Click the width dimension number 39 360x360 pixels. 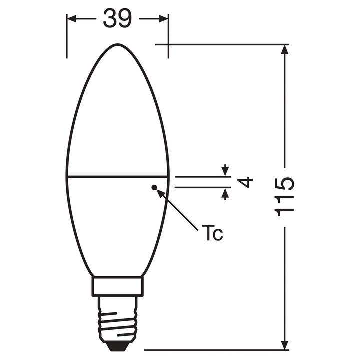[x=117, y=19]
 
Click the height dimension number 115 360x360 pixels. [x=285, y=197]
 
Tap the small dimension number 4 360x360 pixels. [x=245, y=182]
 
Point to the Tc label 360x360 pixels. [x=212, y=233]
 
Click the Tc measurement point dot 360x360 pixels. [x=154, y=188]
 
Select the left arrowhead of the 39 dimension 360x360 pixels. [x=71, y=19]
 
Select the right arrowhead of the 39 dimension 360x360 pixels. [x=164, y=19]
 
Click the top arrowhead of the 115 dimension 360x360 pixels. [x=285, y=49]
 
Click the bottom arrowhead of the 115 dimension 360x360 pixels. [x=285, y=345]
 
